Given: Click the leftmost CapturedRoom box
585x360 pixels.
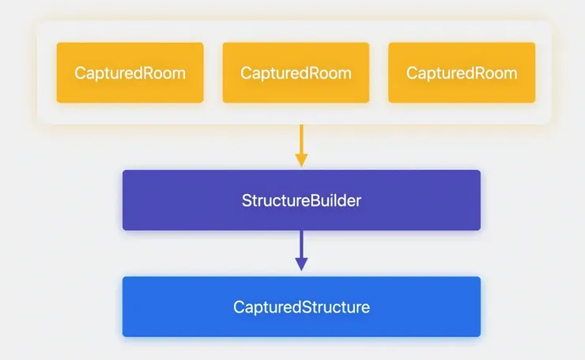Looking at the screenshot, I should [130, 73].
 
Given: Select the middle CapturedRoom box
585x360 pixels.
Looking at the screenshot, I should [296, 73].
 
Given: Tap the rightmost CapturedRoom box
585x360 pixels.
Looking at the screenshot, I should [462, 73].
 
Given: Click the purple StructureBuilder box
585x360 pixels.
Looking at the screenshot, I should [301, 200].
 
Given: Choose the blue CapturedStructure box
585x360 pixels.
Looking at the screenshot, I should [301, 307].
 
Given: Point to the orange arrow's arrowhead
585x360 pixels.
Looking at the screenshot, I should [301, 161].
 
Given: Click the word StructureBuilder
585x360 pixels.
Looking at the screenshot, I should [301, 200].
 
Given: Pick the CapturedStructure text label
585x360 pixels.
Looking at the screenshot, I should [301, 307].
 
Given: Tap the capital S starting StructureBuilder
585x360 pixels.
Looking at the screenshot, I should [246, 200].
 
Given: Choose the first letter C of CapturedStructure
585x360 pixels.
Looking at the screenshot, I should [238, 307].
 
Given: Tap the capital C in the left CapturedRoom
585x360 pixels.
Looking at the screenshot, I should [80, 74].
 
